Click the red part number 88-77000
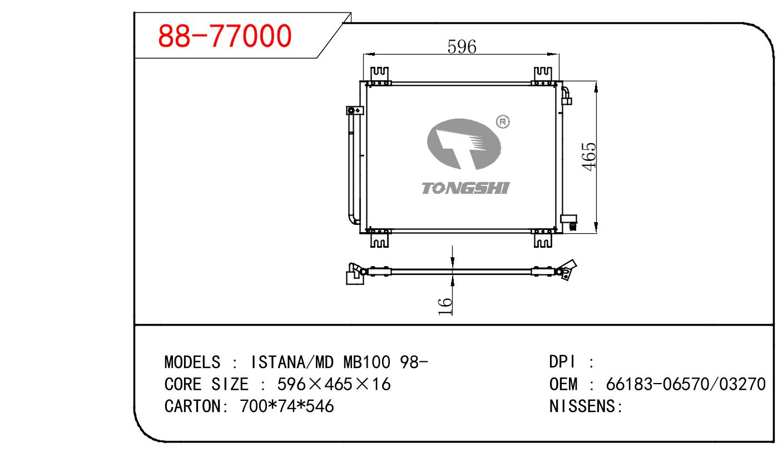click(x=225, y=36)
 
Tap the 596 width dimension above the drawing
click(x=462, y=47)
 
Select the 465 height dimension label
click(x=589, y=157)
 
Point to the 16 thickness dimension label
click(x=445, y=306)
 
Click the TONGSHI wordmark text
click(x=465, y=188)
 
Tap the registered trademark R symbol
click(x=503, y=122)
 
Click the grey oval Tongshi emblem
click(x=464, y=144)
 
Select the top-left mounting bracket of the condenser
click(x=379, y=76)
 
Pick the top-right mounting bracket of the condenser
click(x=543, y=76)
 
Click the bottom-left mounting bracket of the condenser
click(x=379, y=238)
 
